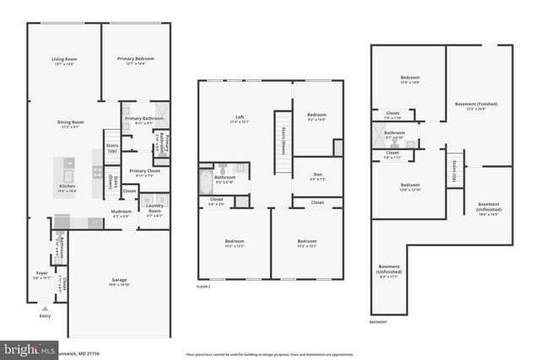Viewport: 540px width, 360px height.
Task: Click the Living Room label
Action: point(64,59)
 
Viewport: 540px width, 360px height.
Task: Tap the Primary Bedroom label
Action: point(136,59)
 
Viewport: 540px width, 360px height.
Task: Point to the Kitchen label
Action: point(67,186)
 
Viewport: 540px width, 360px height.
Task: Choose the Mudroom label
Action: point(121,212)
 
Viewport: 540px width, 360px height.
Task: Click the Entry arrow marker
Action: point(44,309)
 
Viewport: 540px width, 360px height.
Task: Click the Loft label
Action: point(239,117)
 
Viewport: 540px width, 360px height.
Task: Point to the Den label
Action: point(316,175)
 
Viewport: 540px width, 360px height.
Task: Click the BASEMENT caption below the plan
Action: point(380,322)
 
